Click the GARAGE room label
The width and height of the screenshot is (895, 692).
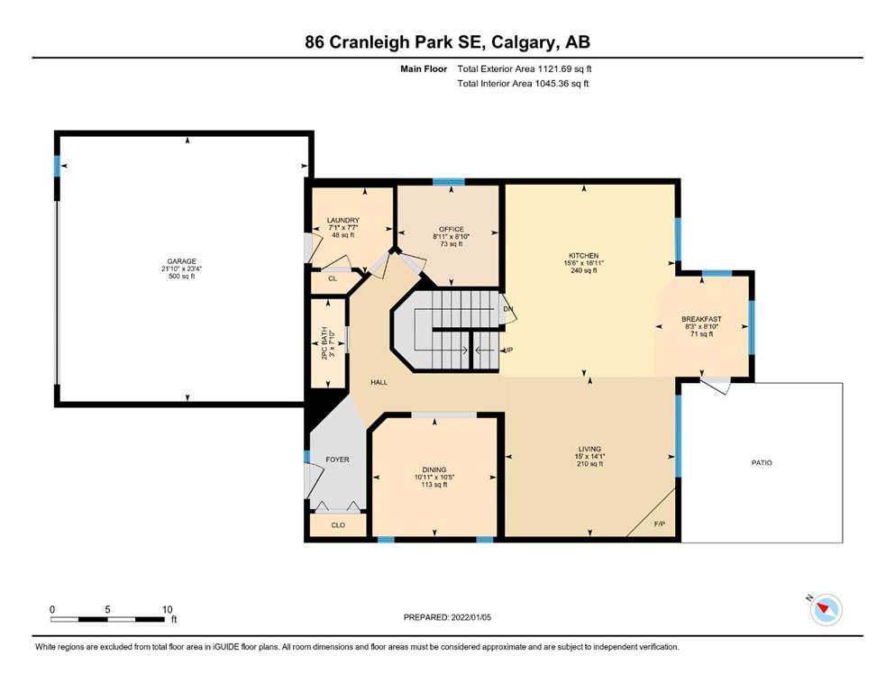(x=181, y=261)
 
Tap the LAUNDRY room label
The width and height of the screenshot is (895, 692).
(x=343, y=220)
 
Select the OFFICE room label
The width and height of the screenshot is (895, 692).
(x=451, y=230)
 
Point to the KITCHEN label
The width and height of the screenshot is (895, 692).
(x=583, y=256)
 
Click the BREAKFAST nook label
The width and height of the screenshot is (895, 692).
(x=701, y=320)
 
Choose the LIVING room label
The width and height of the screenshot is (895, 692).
(x=589, y=449)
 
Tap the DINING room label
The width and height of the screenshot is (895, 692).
(x=434, y=469)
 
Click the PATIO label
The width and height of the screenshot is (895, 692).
(x=762, y=462)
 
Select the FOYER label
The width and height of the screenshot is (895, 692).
(x=337, y=460)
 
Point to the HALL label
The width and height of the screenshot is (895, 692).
(x=379, y=382)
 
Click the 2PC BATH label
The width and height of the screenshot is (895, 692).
(x=324, y=343)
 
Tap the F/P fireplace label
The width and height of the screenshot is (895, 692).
(x=659, y=524)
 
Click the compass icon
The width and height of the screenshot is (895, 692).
(x=826, y=609)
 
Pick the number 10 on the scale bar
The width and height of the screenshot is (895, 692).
(x=168, y=609)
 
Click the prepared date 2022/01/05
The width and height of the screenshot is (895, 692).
(x=470, y=617)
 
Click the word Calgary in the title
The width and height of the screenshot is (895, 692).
(x=523, y=42)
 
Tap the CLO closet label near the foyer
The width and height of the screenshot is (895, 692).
(x=338, y=524)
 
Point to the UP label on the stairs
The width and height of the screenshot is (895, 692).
(x=507, y=350)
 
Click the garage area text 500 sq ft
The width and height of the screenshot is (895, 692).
(x=181, y=276)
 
